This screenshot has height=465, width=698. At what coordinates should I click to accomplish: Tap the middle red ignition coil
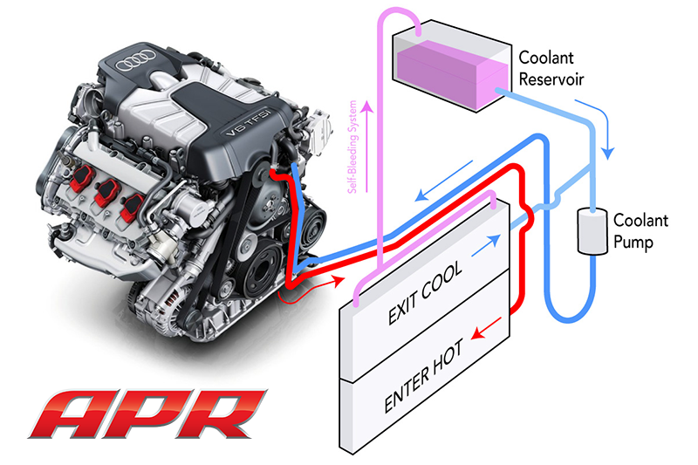tap(107, 195)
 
